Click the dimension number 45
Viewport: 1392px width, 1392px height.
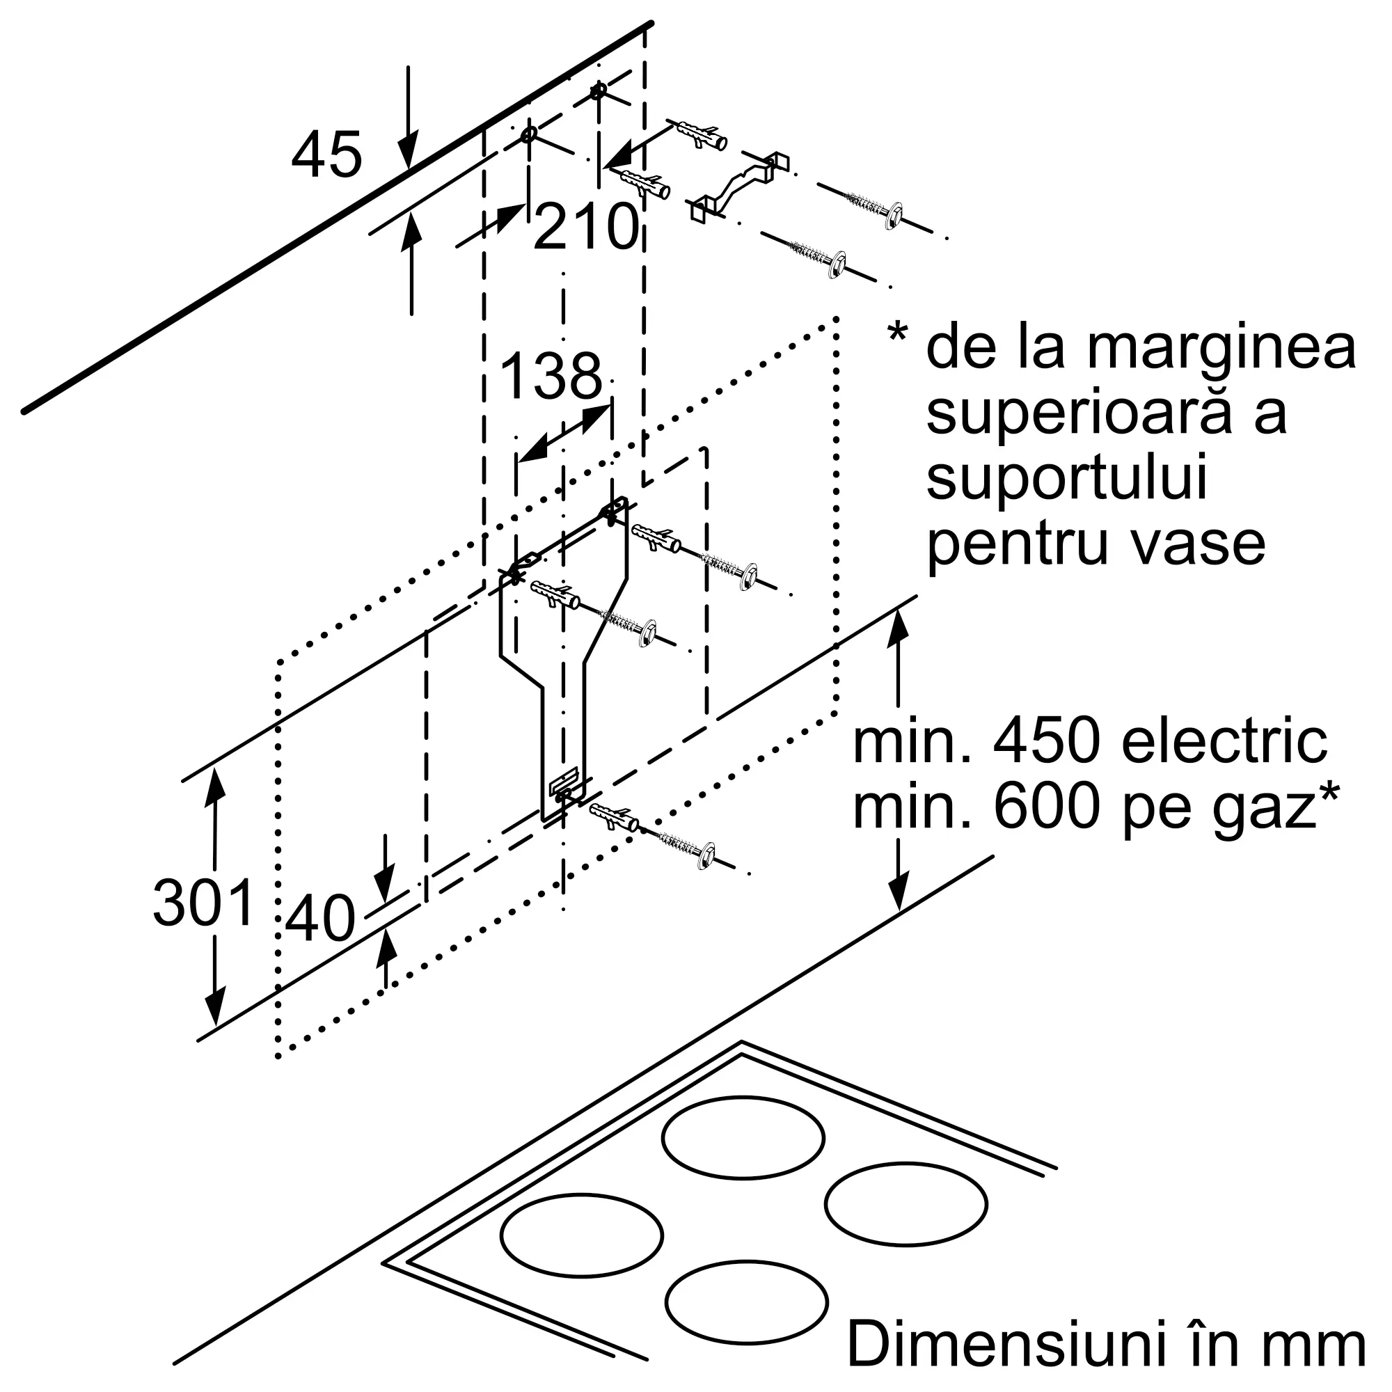click(x=326, y=155)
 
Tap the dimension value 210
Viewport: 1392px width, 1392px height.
click(x=587, y=227)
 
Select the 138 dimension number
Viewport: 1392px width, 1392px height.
click(x=551, y=376)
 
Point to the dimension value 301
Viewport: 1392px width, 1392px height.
click(x=204, y=903)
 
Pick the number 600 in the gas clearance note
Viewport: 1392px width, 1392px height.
click(x=1047, y=807)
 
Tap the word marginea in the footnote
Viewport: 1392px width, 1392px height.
click(x=1221, y=351)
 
